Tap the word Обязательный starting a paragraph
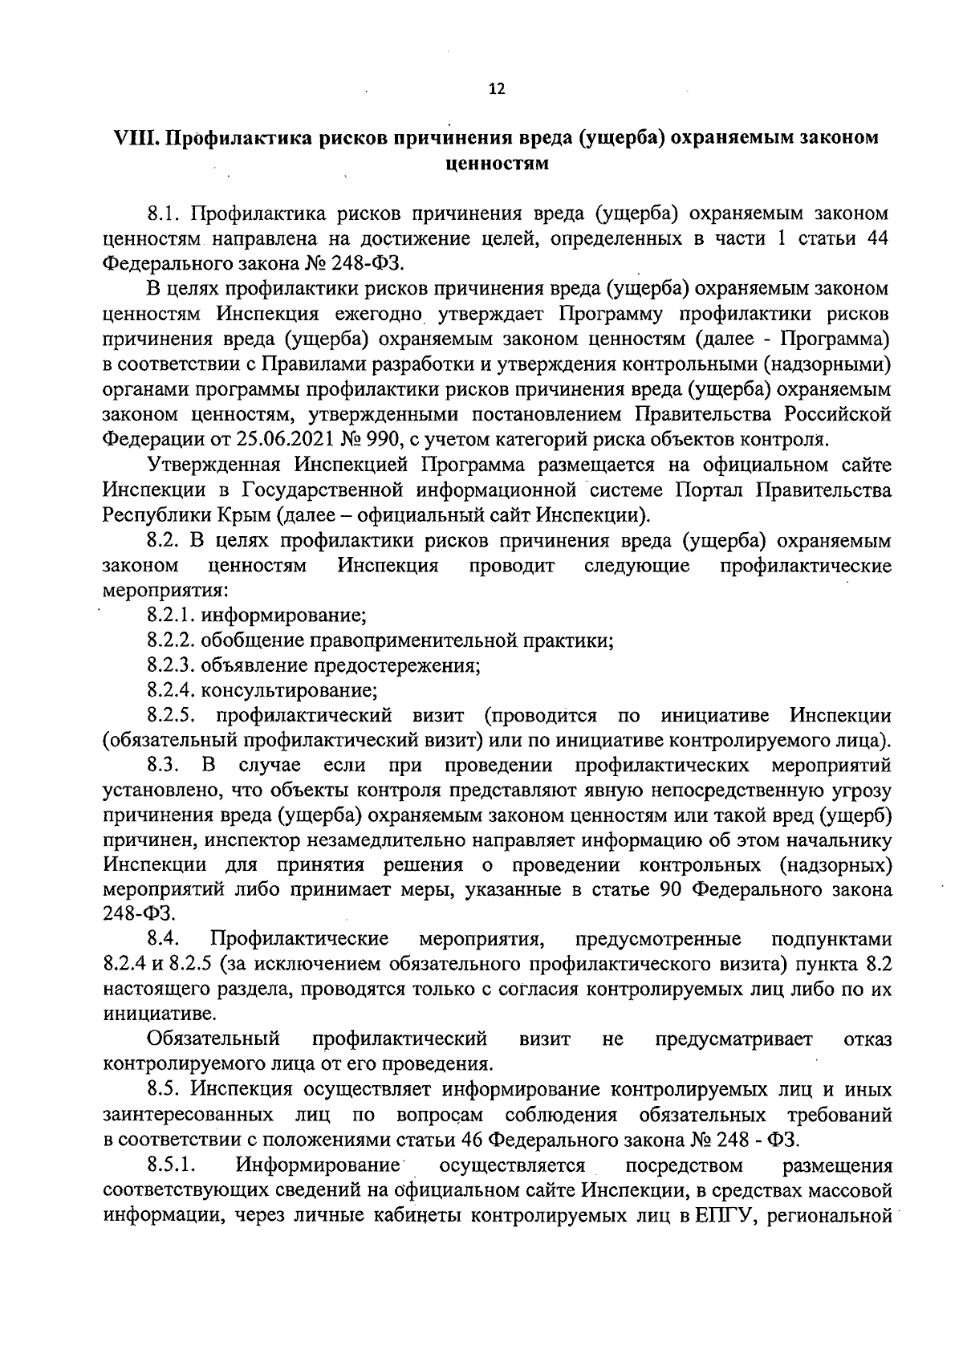213,1039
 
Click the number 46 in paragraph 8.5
471,1139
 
